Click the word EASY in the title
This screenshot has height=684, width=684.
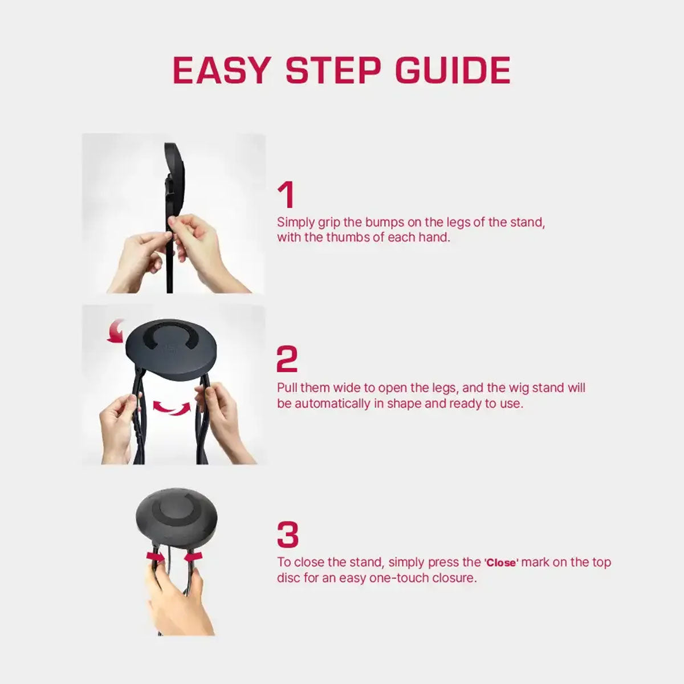221,70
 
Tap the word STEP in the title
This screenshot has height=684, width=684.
333,70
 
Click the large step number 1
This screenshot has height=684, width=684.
286,195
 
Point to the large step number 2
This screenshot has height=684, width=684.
287,360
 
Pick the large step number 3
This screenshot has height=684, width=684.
288,535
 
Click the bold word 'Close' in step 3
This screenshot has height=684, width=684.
501,563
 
